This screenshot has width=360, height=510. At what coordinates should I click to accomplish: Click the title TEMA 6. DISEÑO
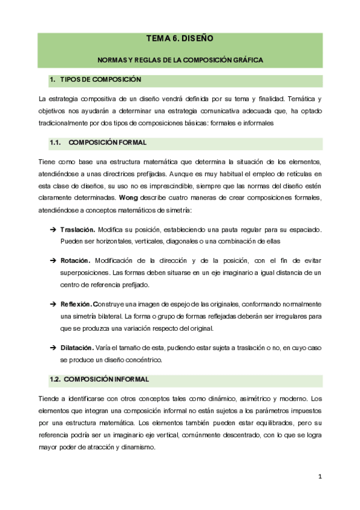click(180, 39)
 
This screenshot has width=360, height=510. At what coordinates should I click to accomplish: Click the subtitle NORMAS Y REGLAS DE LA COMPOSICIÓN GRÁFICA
click(180, 60)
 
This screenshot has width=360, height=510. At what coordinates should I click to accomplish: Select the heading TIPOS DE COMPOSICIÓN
click(100, 80)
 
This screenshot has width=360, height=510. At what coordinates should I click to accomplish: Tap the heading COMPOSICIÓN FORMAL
click(108, 143)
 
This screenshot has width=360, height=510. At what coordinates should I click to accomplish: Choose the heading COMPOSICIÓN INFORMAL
click(106, 379)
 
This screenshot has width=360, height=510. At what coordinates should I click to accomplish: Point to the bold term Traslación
click(78, 230)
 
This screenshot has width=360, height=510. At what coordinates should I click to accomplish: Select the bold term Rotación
click(75, 260)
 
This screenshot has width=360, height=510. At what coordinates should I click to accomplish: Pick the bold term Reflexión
click(76, 304)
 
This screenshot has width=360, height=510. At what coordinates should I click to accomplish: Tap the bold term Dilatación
click(77, 348)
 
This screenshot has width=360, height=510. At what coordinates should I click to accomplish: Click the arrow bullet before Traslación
click(53, 230)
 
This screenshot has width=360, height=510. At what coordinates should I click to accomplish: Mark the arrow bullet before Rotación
click(53, 260)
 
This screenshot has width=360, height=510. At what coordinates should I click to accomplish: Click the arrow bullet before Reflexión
click(53, 304)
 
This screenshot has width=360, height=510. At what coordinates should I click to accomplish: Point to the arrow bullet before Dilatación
click(53, 348)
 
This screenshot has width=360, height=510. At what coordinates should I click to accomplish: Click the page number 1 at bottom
click(320, 477)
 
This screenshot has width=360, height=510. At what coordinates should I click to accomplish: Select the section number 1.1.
click(56, 143)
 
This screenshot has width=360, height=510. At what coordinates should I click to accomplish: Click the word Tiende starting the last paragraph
click(48, 398)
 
